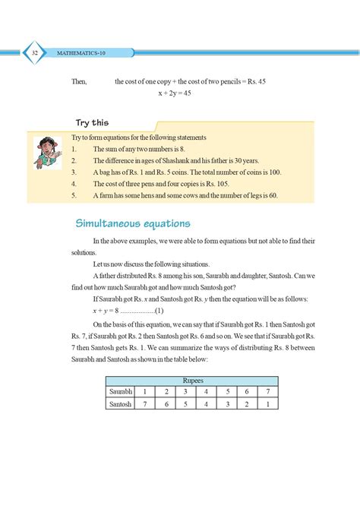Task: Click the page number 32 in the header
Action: (x=35, y=52)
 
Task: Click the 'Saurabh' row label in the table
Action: (x=121, y=391)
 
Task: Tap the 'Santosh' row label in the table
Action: (x=121, y=404)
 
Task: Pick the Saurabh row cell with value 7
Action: (x=267, y=391)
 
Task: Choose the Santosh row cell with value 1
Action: (x=267, y=404)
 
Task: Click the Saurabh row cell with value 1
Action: (x=145, y=391)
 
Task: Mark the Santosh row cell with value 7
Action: (x=145, y=404)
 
